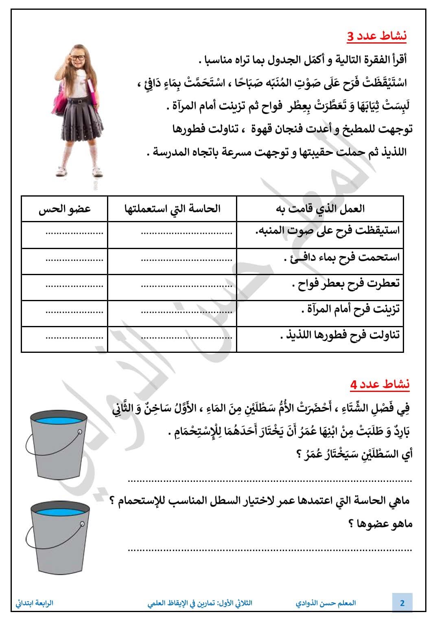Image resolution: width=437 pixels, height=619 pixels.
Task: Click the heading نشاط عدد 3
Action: [x=377, y=37]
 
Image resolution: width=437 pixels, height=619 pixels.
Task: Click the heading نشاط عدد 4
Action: [x=380, y=384]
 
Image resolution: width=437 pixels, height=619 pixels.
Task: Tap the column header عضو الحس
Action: [x=65, y=209]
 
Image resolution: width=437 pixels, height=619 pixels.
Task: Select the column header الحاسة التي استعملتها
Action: [x=172, y=209]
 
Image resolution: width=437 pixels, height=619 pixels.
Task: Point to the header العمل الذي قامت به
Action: [x=320, y=209]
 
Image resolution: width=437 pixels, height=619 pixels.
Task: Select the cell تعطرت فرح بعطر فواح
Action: [x=345, y=283]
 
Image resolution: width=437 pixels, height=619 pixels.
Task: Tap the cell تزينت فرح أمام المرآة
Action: [x=350, y=309]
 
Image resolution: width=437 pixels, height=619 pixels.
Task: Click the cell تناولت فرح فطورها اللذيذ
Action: [x=340, y=335]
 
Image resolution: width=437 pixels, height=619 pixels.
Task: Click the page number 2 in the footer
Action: [x=402, y=603]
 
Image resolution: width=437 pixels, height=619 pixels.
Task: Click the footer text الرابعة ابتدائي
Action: [x=35, y=603]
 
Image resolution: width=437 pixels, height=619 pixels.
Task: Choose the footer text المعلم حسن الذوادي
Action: [x=326, y=603]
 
